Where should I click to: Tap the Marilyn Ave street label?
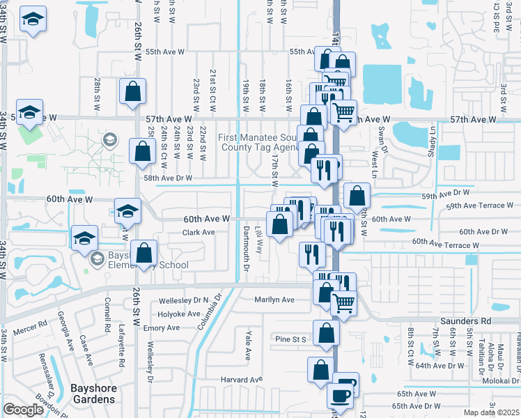pos(274,300)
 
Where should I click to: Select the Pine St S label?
pos(290,339)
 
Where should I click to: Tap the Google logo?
pos(23,410)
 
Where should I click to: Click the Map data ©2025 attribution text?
pos(491,412)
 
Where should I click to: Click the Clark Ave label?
pos(199,232)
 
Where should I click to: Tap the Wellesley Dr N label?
pos(184,300)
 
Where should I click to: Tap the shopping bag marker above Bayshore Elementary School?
pos(144,255)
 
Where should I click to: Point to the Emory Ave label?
pos(162,327)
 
